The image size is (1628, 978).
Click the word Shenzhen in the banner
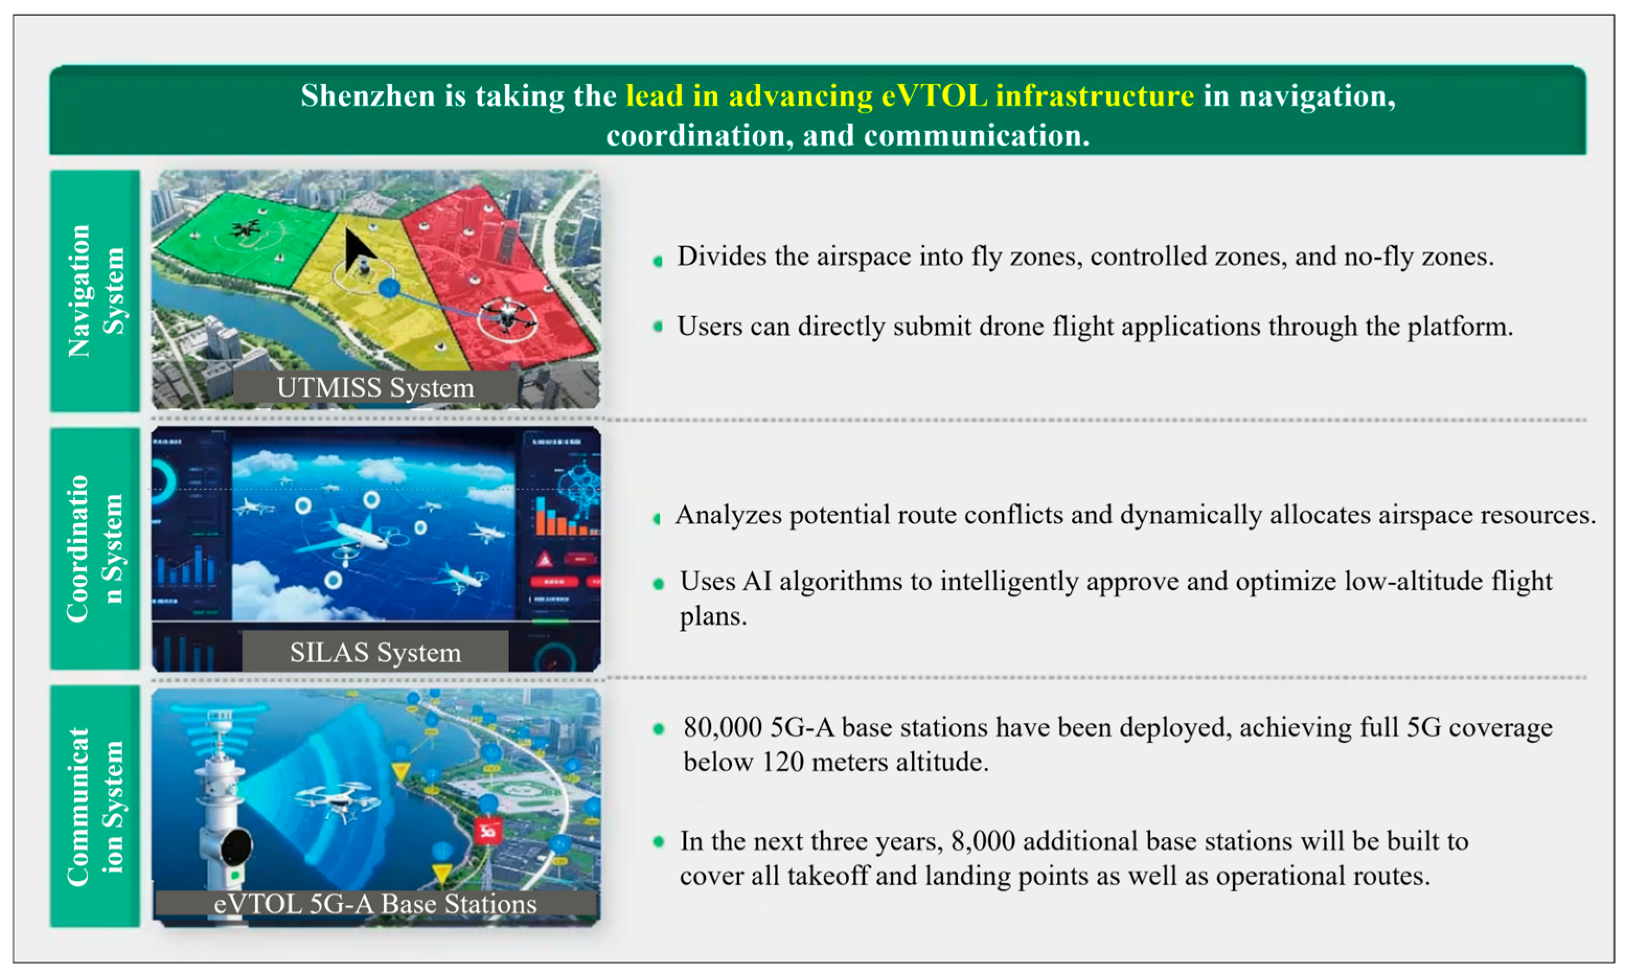click(368, 96)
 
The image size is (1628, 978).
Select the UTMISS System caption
click(375, 387)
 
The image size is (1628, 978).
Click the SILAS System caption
click(375, 652)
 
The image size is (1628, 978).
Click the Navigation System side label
click(96, 291)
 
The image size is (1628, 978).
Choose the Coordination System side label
click(96, 548)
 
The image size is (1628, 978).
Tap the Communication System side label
click(96, 807)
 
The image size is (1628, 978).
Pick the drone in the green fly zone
click(245, 228)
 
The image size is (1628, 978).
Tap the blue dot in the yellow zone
click(389, 288)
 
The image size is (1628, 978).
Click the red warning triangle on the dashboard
click(544, 560)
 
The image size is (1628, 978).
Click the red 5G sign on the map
click(488, 831)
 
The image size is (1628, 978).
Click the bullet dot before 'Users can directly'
click(658, 326)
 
